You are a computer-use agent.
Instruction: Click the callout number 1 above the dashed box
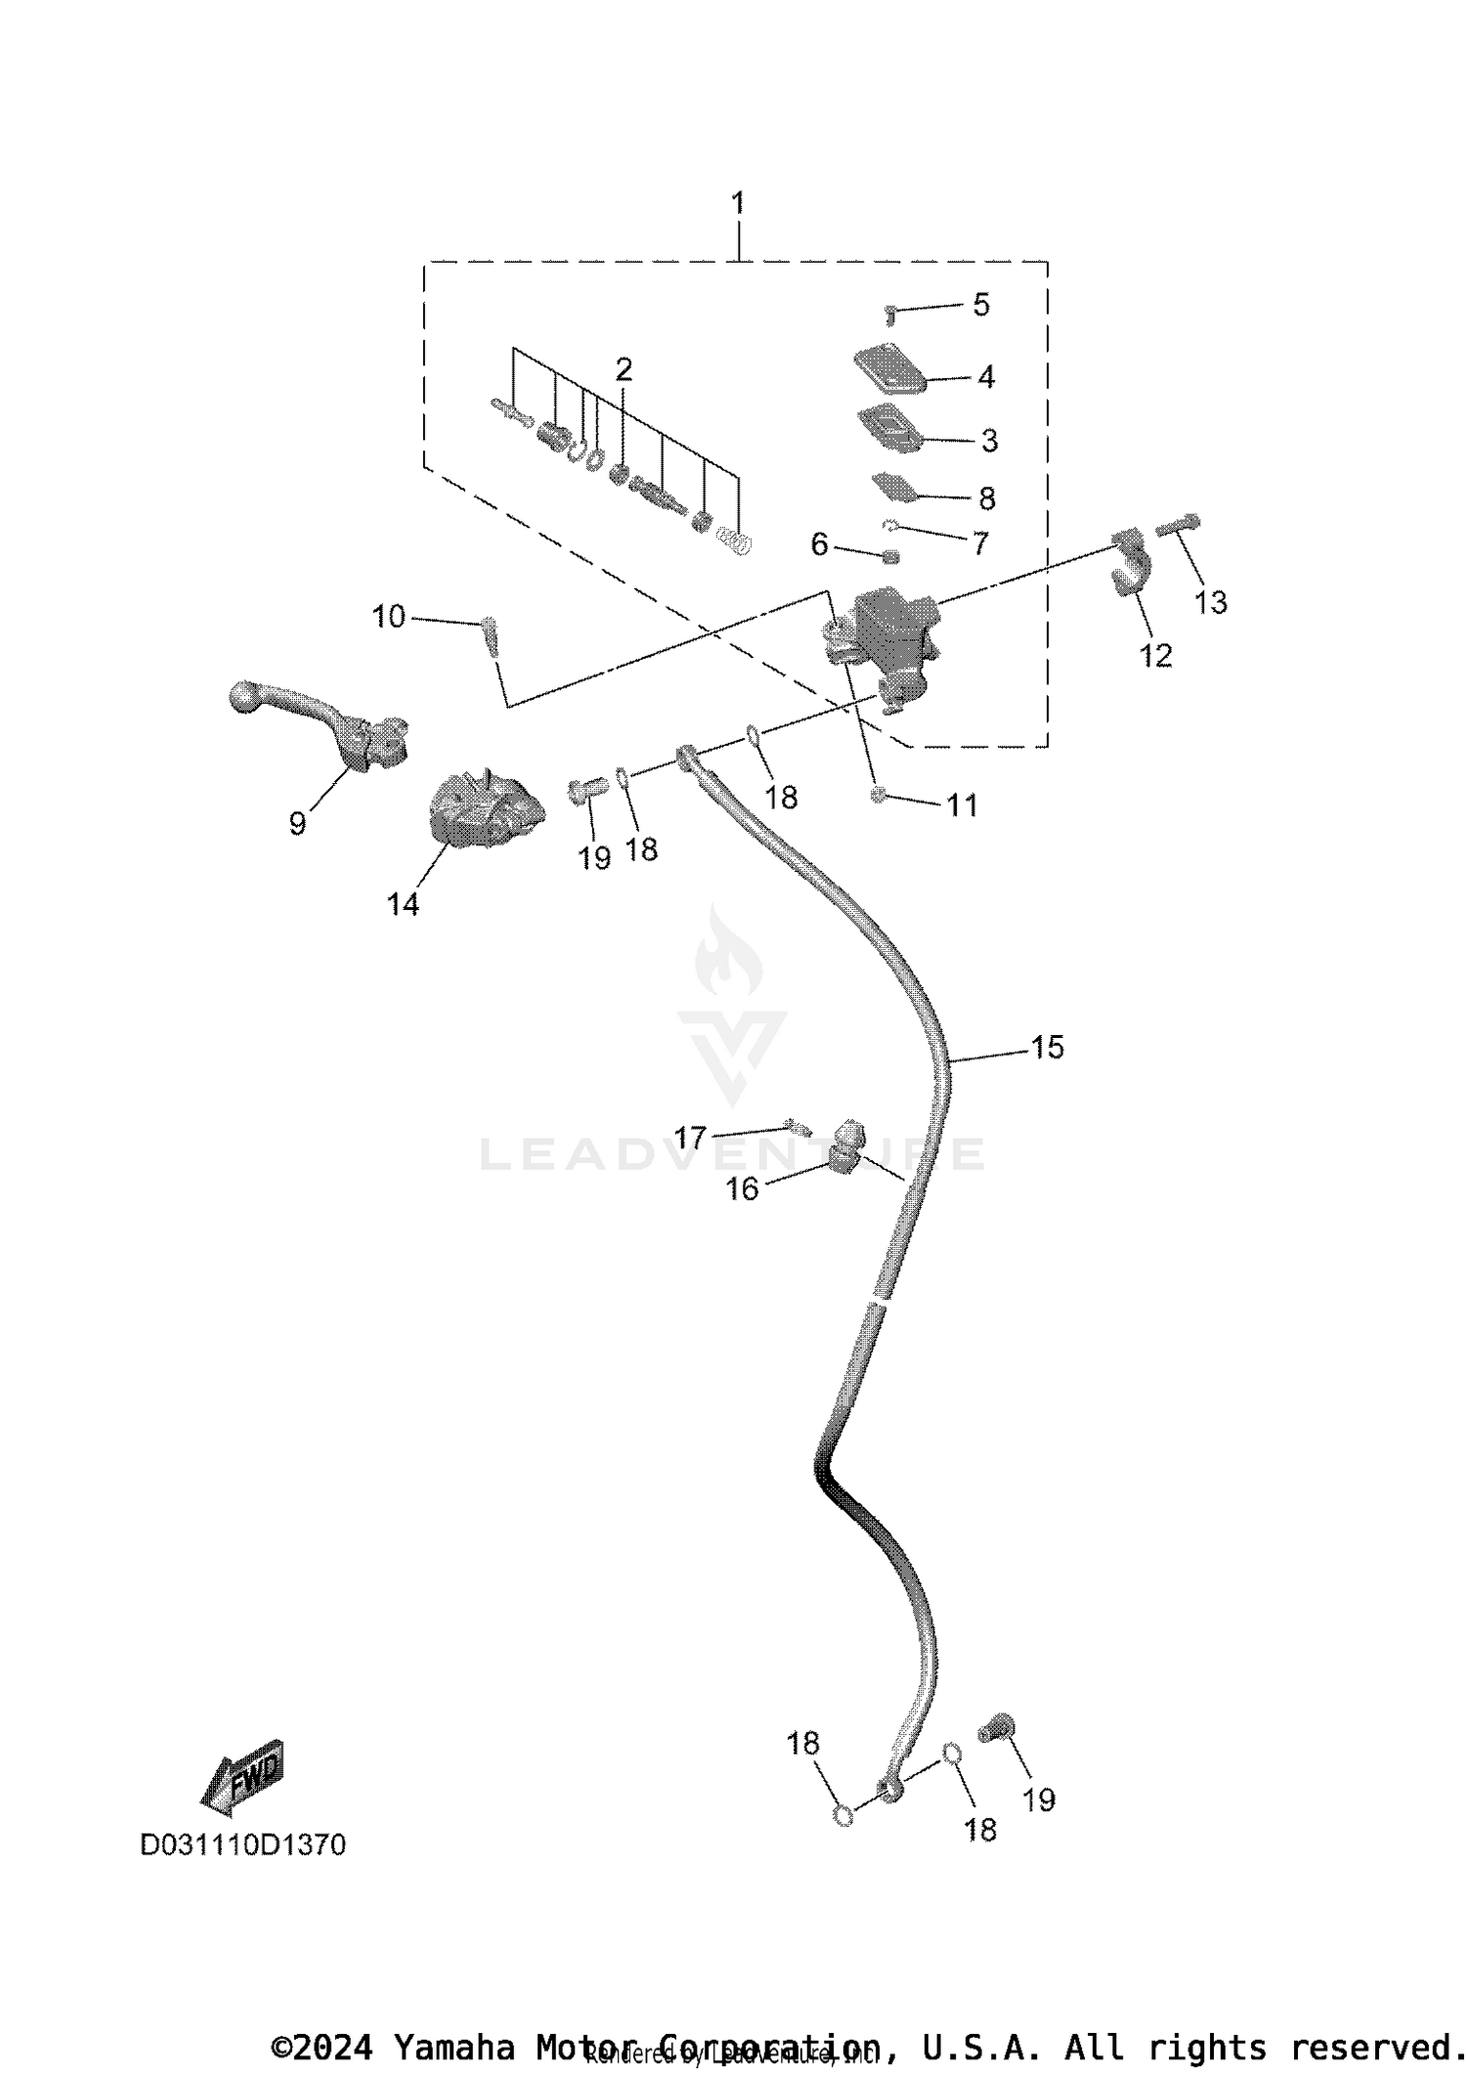point(738,203)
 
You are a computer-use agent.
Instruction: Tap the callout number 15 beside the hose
point(1047,1048)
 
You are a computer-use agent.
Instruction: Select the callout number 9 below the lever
point(298,823)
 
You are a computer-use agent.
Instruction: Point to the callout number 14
point(403,904)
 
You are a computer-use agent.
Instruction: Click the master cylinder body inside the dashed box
point(884,635)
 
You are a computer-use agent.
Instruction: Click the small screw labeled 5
point(890,314)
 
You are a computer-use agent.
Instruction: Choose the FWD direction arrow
point(242,1776)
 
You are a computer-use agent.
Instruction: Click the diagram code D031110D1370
point(243,1845)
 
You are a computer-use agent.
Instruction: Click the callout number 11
point(963,805)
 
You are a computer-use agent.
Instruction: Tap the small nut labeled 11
point(879,796)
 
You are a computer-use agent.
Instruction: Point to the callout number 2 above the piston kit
point(624,369)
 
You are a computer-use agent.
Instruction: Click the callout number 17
point(690,1137)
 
